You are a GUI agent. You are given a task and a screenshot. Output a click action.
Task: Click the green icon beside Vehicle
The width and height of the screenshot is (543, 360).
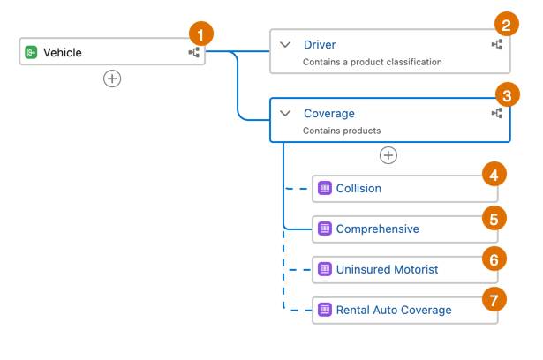click(x=31, y=52)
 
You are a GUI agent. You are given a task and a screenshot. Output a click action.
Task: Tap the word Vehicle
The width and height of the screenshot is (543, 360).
click(x=63, y=53)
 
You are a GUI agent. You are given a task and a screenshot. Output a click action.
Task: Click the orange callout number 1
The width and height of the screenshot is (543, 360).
click(x=200, y=34)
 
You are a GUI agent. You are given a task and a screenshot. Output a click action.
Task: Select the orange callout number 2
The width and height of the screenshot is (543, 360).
click(x=506, y=24)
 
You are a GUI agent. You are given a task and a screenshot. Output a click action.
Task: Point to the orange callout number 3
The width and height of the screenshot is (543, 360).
click(x=508, y=95)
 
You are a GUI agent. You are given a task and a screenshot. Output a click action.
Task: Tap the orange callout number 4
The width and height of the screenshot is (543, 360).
click(x=494, y=175)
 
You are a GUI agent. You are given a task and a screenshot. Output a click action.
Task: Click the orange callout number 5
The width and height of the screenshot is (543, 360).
click(x=494, y=219)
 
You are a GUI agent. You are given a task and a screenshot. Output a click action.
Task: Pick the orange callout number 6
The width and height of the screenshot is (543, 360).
click(x=494, y=259)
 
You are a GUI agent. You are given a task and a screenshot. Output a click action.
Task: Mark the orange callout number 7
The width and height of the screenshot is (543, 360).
click(x=494, y=300)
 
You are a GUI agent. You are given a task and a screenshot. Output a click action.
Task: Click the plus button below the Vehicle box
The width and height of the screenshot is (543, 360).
click(x=112, y=79)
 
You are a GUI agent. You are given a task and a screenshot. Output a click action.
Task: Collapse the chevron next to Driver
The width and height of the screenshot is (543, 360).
click(x=285, y=45)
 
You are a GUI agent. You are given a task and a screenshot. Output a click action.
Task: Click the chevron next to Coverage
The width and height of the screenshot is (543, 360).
click(x=285, y=113)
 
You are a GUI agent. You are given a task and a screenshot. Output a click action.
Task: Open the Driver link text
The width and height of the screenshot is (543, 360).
click(x=320, y=45)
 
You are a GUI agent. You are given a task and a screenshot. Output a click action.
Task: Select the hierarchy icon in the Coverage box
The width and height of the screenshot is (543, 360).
click(x=497, y=113)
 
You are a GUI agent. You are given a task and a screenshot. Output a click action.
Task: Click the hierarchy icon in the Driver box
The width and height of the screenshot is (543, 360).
click(x=497, y=45)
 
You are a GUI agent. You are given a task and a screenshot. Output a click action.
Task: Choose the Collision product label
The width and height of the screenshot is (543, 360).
click(x=358, y=188)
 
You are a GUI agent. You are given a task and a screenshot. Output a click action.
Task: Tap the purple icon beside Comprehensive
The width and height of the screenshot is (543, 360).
click(x=325, y=229)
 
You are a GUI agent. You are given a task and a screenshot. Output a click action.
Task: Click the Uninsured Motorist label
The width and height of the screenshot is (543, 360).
click(x=388, y=269)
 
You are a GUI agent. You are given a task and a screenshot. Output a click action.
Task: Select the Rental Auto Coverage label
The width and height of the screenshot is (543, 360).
click(x=394, y=310)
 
